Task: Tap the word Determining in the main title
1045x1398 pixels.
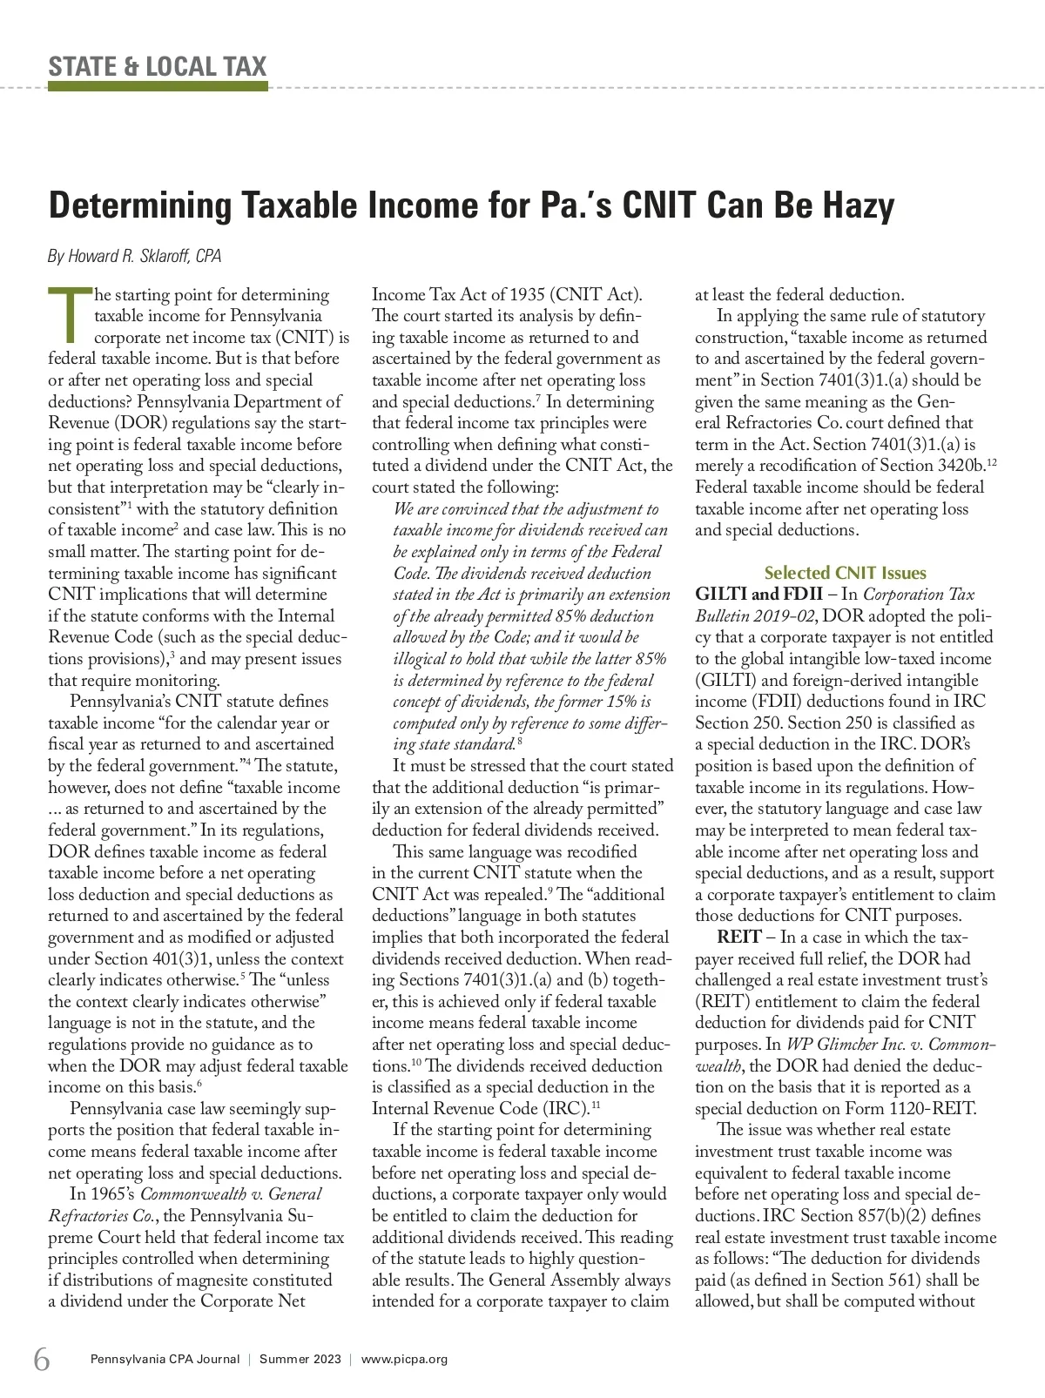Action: (139, 205)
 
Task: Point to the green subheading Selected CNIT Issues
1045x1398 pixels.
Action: (845, 573)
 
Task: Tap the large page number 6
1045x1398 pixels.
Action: (42, 1358)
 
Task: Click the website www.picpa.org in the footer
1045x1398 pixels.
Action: (404, 1359)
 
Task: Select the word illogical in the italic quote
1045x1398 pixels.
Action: (427, 659)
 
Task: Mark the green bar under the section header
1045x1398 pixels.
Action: (158, 86)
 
